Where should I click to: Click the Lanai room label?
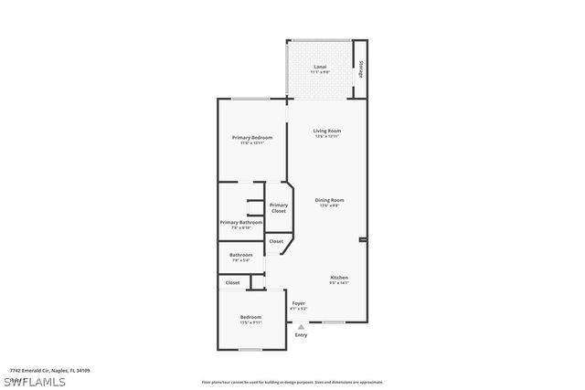[320, 67]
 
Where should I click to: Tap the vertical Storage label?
[361, 69]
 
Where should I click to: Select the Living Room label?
[327, 132]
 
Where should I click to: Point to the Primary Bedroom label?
[251, 137]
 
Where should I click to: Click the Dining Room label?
[329, 200]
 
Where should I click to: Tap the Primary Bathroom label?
[241, 222]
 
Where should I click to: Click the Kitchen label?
[339, 278]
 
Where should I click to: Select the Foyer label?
[299, 303]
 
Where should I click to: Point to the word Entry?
[301, 335]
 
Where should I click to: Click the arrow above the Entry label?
[301, 325]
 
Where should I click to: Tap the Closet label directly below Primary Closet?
[276, 241]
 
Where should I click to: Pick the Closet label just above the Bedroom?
[233, 283]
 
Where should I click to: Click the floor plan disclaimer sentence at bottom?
[292, 382]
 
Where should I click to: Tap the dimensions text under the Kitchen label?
[339, 283]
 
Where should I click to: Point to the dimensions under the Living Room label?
[327, 137]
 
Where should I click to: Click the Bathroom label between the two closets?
[241, 255]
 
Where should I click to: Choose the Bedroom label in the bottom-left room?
[250, 317]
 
